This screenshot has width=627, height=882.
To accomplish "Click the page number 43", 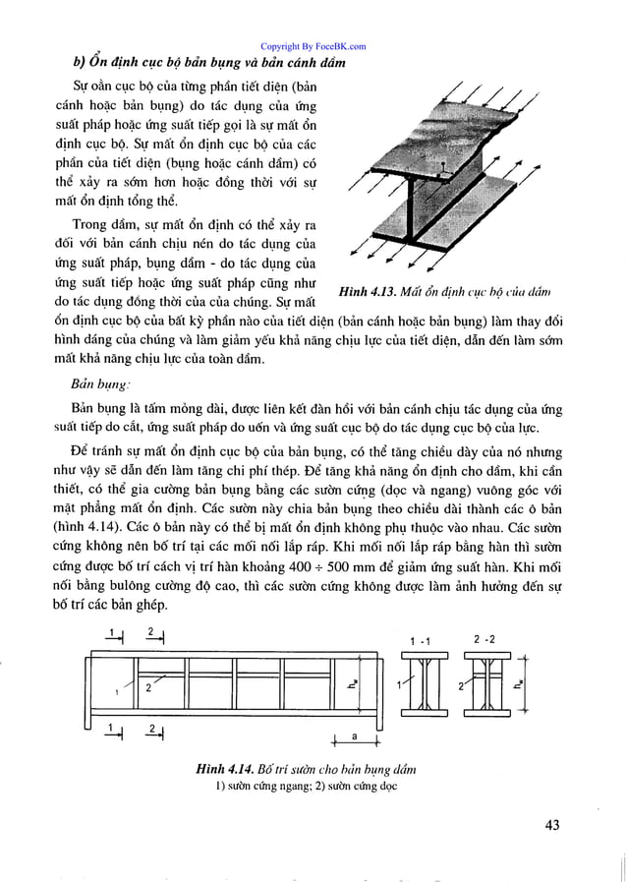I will pos(548,824).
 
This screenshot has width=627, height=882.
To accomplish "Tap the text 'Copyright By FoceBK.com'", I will pos(313,45).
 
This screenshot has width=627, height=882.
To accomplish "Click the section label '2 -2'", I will pos(484,640).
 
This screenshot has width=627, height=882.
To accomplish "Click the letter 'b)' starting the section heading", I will pos(82,64).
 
